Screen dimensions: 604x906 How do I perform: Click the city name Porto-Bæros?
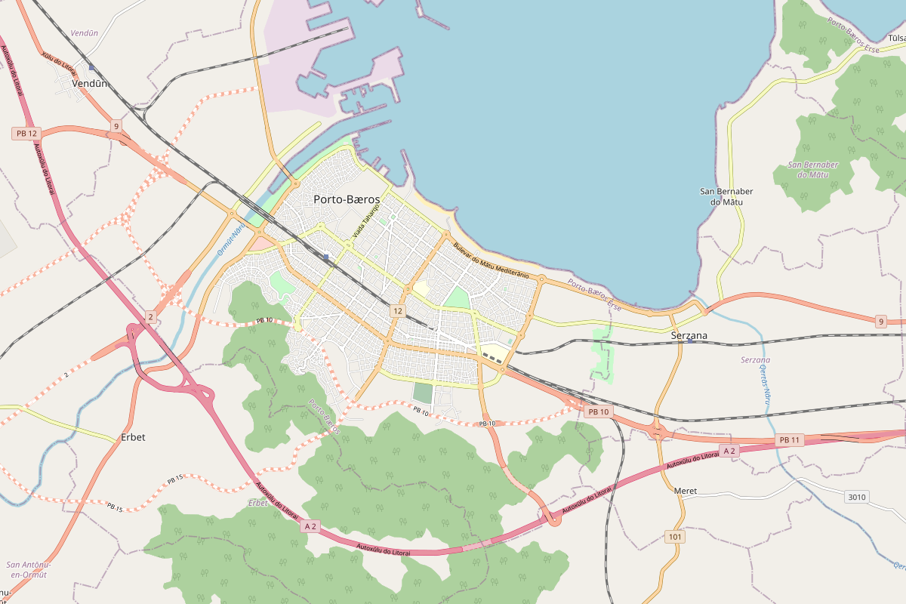point(347,199)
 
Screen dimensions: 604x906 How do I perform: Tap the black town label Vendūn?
point(90,84)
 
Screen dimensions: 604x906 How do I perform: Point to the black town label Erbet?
point(133,437)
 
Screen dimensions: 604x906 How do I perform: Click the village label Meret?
point(686,491)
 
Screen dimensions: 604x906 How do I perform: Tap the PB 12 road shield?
point(26,134)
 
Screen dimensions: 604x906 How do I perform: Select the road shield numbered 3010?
point(857,497)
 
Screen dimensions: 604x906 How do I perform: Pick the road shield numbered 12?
point(398,311)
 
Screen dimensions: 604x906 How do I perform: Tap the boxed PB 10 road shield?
point(598,411)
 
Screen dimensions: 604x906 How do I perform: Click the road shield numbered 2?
point(151,317)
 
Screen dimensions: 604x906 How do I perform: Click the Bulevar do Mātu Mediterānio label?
point(491,260)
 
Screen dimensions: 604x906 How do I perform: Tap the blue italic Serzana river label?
point(755,360)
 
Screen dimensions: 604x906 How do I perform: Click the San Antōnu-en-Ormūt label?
point(27,569)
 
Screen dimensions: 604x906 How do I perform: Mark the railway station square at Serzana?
point(690,341)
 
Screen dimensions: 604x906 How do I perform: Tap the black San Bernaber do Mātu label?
point(726,196)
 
